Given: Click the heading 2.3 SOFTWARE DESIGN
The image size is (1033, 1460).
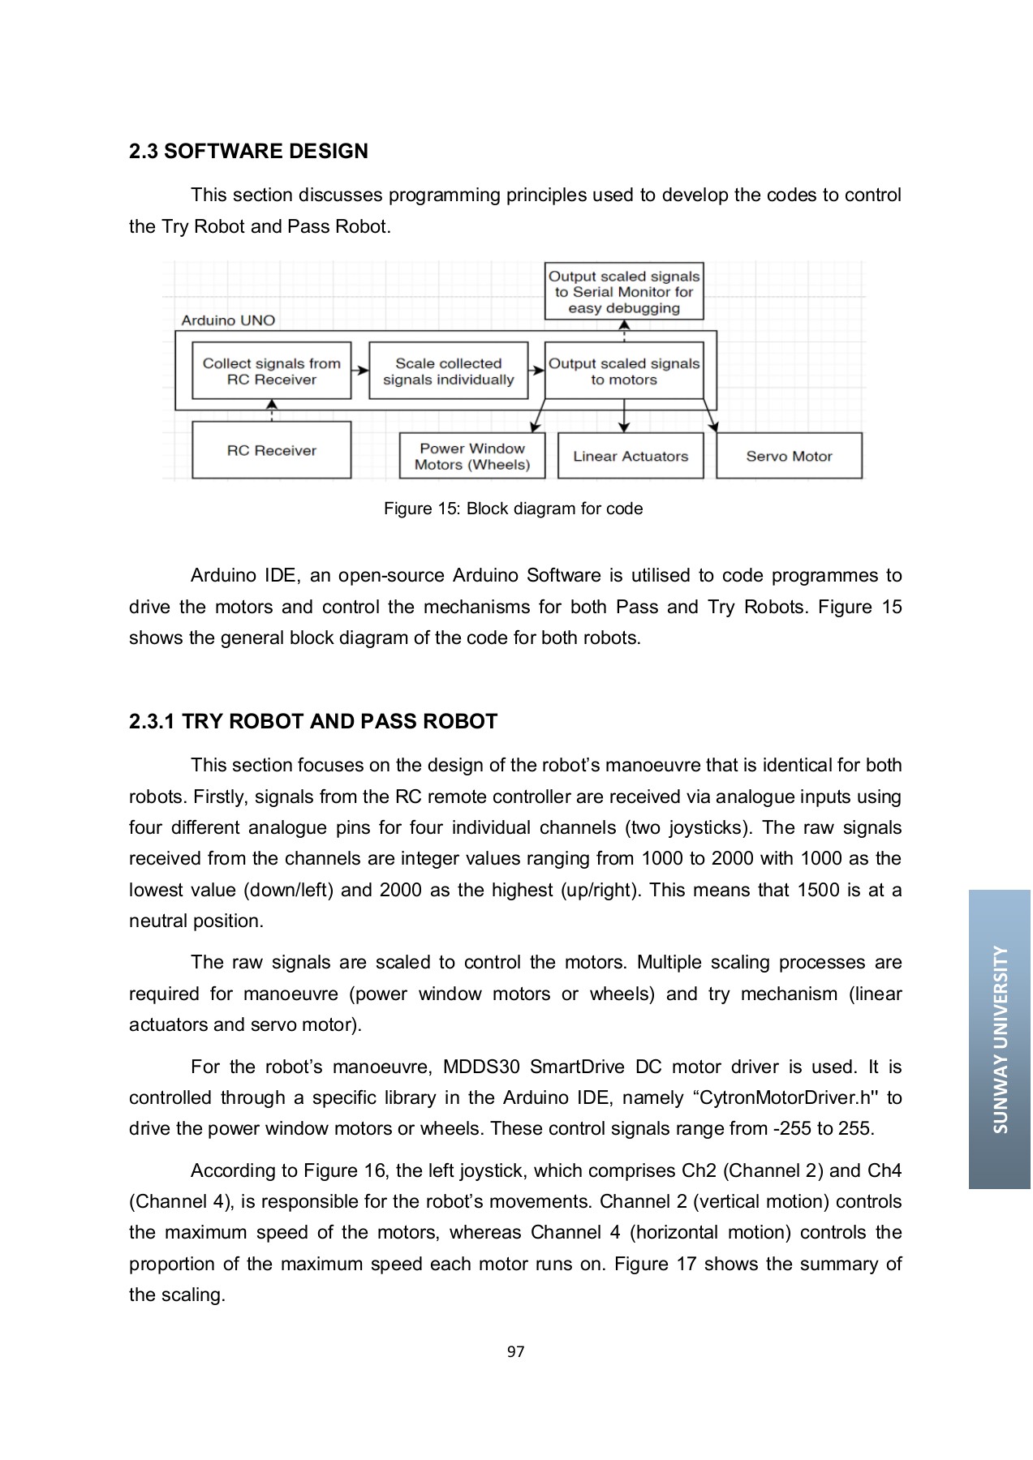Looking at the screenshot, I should click(x=248, y=152).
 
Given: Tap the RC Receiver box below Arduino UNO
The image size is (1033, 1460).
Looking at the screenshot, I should click(x=271, y=450).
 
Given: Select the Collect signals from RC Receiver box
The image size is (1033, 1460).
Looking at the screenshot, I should click(x=271, y=371).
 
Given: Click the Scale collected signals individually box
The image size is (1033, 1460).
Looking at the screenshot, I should click(x=448, y=371).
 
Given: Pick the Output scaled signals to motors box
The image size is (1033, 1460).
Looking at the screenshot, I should click(x=623, y=371).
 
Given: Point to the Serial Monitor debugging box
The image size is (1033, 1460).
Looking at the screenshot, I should click(x=623, y=292).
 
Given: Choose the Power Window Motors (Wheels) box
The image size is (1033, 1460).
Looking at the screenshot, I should click(x=471, y=457).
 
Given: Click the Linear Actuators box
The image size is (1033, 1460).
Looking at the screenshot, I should click(x=630, y=457).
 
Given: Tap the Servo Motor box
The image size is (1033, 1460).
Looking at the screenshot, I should click(x=789, y=457).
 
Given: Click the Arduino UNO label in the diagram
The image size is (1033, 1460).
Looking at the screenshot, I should click(x=228, y=320).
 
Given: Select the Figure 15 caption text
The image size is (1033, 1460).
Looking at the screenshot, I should click(x=513, y=509).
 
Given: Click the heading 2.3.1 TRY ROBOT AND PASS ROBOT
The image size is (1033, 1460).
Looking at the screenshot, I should click(x=312, y=722).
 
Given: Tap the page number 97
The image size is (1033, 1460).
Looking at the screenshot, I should click(x=515, y=1351).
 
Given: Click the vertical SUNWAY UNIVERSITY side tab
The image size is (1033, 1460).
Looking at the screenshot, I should click(x=1000, y=1039).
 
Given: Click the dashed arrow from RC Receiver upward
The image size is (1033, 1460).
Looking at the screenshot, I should click(x=272, y=410).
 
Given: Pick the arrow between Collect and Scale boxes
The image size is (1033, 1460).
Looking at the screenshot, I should click(x=359, y=371).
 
